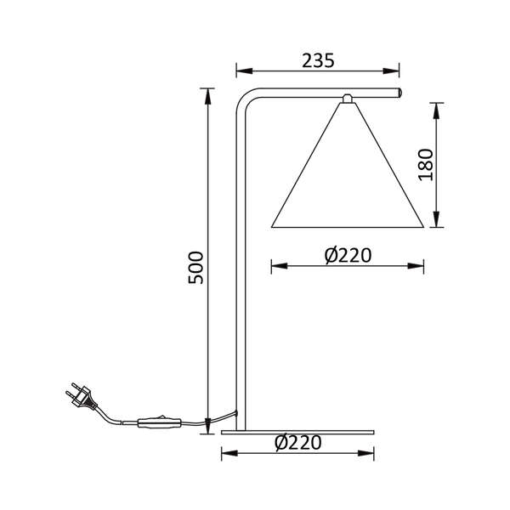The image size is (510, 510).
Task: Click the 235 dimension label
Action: click(x=318, y=60)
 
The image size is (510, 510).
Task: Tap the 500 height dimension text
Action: click(x=195, y=269)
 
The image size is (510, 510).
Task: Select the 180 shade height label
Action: click(x=426, y=165)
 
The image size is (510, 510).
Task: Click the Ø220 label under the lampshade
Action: click(x=348, y=255)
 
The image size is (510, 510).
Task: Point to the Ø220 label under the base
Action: click(x=298, y=443)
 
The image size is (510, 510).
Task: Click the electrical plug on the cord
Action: click(x=79, y=397)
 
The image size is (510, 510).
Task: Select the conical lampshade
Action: click(x=346, y=178)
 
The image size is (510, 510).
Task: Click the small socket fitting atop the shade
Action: click(x=346, y=99)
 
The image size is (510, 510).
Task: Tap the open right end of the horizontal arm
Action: click(x=399, y=90)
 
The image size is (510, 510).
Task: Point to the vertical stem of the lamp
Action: click(x=240, y=272)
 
